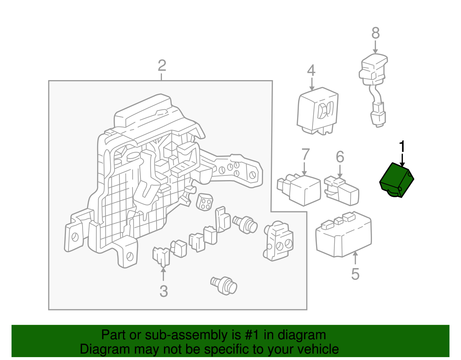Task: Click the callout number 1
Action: pyautogui.click(x=402, y=146)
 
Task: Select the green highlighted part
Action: pyautogui.click(x=396, y=180)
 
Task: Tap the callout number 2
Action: pyautogui.click(x=162, y=65)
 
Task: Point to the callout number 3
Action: pyautogui.click(x=164, y=291)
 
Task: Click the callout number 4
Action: pyautogui.click(x=311, y=70)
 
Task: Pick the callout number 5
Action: pyautogui.click(x=355, y=274)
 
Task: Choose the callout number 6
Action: pyautogui.click(x=340, y=157)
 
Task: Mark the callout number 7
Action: pyautogui.click(x=305, y=154)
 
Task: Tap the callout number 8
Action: pyautogui.click(x=375, y=33)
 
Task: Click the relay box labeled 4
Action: pyautogui.click(x=318, y=111)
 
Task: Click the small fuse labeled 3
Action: pyautogui.click(x=161, y=257)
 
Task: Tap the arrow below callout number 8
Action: pyautogui.click(x=375, y=47)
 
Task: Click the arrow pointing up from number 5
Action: pyautogui.click(x=355, y=258)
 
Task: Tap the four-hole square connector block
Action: pyautogui.click(x=205, y=202)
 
